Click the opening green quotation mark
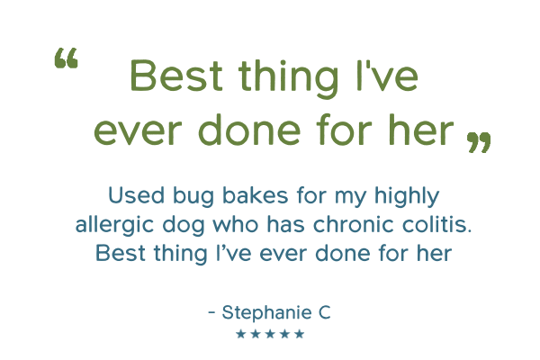tap(67, 58)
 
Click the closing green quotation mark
tap(479, 142)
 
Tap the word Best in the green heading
tap(176, 76)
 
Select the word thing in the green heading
tap(288, 78)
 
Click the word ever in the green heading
tap(138, 132)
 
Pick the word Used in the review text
tap(137, 195)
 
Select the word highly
tap(407, 196)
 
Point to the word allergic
tap(114, 225)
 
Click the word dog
tap(184, 225)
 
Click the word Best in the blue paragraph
tap(121, 253)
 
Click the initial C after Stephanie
tap(324, 312)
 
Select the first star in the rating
tap(240, 334)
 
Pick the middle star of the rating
tap(270, 334)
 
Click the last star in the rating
tap(300, 334)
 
